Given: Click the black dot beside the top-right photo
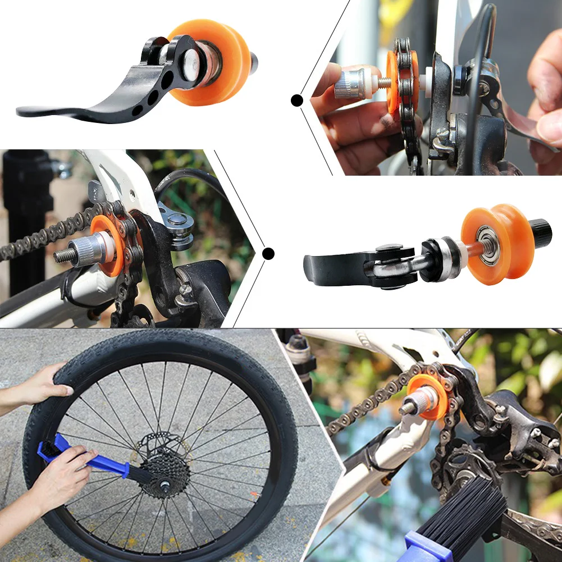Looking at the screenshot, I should click(297, 100).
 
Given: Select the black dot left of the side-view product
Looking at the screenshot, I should click(268, 254).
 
